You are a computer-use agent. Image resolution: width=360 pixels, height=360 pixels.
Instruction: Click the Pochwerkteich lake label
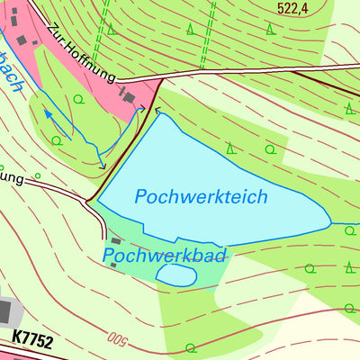point(202,196)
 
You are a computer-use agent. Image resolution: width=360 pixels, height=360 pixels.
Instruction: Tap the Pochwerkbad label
point(164,256)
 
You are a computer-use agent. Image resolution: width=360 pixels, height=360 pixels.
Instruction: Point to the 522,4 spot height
point(300,8)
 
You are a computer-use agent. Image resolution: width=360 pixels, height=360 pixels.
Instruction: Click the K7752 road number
point(33,341)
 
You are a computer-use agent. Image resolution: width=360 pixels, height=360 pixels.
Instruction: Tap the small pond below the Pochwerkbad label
point(175,275)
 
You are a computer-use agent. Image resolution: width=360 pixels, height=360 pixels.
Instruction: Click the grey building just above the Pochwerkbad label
point(115,241)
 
